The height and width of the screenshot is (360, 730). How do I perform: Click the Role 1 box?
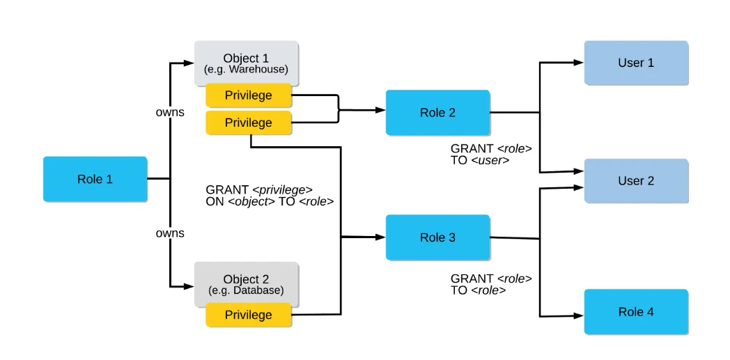pyautogui.click(x=95, y=179)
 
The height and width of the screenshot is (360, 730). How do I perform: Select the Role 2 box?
pyautogui.click(x=437, y=113)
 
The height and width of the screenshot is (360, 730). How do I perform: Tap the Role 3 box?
pyautogui.click(x=437, y=237)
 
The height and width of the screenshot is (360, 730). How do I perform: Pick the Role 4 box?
pyautogui.click(x=636, y=312)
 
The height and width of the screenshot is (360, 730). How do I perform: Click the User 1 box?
pyautogui.click(x=636, y=63)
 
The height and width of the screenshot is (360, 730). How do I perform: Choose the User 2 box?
pyautogui.click(x=636, y=181)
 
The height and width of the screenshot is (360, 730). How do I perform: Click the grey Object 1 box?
pyautogui.click(x=246, y=63)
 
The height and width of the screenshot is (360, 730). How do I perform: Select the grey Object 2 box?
pyautogui.click(x=246, y=284)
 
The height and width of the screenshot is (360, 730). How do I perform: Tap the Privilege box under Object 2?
pyautogui.click(x=248, y=315)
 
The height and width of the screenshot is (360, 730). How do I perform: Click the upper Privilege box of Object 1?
pyautogui.click(x=248, y=95)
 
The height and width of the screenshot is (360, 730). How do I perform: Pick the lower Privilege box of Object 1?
pyautogui.click(x=248, y=123)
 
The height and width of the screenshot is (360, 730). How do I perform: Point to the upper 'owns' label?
pyautogui.click(x=170, y=112)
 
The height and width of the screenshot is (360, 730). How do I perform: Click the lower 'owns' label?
pyautogui.click(x=170, y=233)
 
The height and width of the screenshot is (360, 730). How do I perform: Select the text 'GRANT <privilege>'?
pyautogui.click(x=259, y=189)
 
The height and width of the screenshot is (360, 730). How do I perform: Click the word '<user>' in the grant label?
pyautogui.click(x=490, y=160)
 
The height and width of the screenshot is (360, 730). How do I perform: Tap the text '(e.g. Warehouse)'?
pyautogui.click(x=246, y=70)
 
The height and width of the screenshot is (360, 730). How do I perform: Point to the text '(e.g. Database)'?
pyautogui.click(x=246, y=290)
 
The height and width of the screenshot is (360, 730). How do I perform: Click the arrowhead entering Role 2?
pyautogui.click(x=380, y=110)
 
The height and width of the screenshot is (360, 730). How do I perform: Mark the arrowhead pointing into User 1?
pyautogui.click(x=579, y=62)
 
